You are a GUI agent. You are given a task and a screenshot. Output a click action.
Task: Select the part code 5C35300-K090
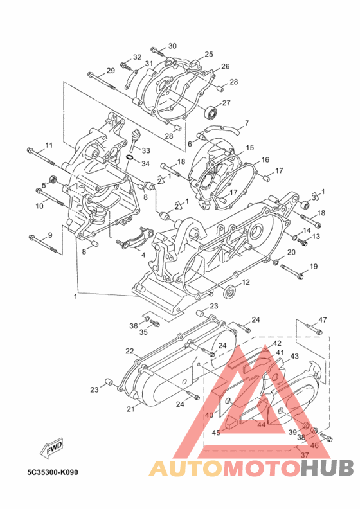point(53,472)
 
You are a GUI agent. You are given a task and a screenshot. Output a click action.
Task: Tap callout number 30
point(172,46)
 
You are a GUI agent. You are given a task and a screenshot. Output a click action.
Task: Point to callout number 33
point(146,150)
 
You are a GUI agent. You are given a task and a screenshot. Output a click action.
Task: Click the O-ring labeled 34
point(130,157)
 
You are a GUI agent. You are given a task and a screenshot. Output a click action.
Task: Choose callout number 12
point(246,282)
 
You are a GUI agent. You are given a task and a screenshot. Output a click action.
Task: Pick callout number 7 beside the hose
point(247,123)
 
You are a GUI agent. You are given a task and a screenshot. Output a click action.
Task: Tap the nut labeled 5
point(53,179)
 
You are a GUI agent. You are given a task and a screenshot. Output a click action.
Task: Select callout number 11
point(49,145)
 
